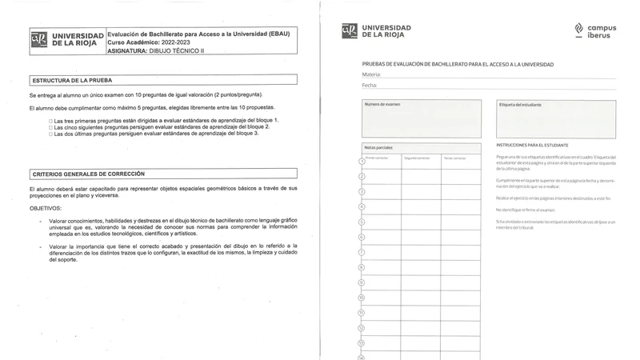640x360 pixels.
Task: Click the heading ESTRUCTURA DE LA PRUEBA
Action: pos(72,81)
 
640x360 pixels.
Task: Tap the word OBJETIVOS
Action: pos(46,207)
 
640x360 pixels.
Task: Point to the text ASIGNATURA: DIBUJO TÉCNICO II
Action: pos(156,51)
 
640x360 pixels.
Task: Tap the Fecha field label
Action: pos(369,85)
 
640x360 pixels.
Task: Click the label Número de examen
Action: pos(382,105)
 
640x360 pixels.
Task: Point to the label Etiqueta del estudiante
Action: pos(520,105)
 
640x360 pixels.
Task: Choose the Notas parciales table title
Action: pos(378,148)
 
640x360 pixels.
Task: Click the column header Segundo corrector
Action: pos(417,158)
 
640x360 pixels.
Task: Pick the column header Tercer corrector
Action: pos(454,158)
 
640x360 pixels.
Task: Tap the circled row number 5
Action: pos(362,222)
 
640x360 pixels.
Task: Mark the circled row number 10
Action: pos(362,297)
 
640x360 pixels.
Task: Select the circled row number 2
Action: pos(362,176)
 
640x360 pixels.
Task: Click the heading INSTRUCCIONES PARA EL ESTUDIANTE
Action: pos(533,145)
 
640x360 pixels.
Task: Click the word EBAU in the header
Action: pos(277,34)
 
